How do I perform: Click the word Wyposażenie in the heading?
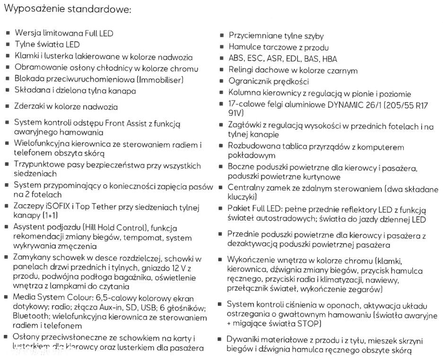tap(34, 9)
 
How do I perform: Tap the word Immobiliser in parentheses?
tap(159, 79)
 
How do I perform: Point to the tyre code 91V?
tap(236, 114)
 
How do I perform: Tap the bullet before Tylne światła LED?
tap(8, 45)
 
